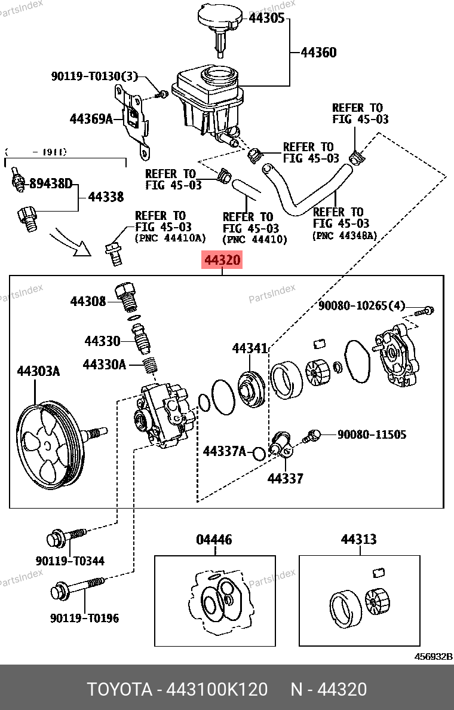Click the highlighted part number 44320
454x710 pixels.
click(x=223, y=261)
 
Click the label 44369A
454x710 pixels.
click(x=91, y=118)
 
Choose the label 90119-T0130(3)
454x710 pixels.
click(x=94, y=76)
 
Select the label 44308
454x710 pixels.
click(x=88, y=302)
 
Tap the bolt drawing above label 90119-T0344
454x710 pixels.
click(x=66, y=537)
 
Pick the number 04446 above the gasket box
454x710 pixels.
click(x=214, y=540)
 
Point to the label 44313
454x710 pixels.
click(x=358, y=539)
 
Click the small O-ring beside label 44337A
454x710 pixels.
click(x=259, y=453)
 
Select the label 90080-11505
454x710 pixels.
click(x=372, y=434)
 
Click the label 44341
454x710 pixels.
click(x=250, y=348)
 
